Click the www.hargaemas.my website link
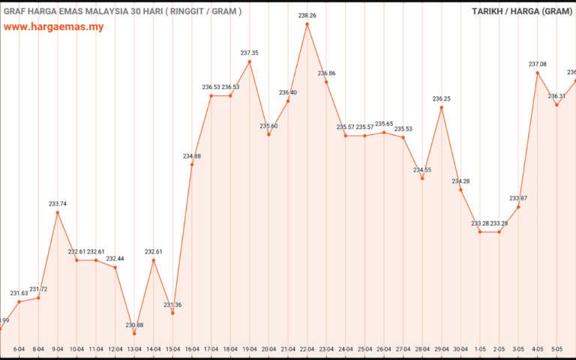(53, 26)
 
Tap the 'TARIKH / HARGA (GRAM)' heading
(522, 11)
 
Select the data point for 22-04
(307, 24)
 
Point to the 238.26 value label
(307, 15)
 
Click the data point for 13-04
(134, 333)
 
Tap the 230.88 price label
(134, 325)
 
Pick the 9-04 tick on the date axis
(58, 349)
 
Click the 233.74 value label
(58, 204)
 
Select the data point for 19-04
(250, 61)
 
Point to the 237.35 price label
(250, 53)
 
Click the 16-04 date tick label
(192, 349)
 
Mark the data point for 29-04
(441, 107)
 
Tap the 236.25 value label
(441, 99)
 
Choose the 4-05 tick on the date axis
(538, 349)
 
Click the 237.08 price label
(538, 64)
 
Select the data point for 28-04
(422, 178)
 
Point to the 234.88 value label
(192, 156)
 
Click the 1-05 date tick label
(480, 349)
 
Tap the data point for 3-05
(518, 207)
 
